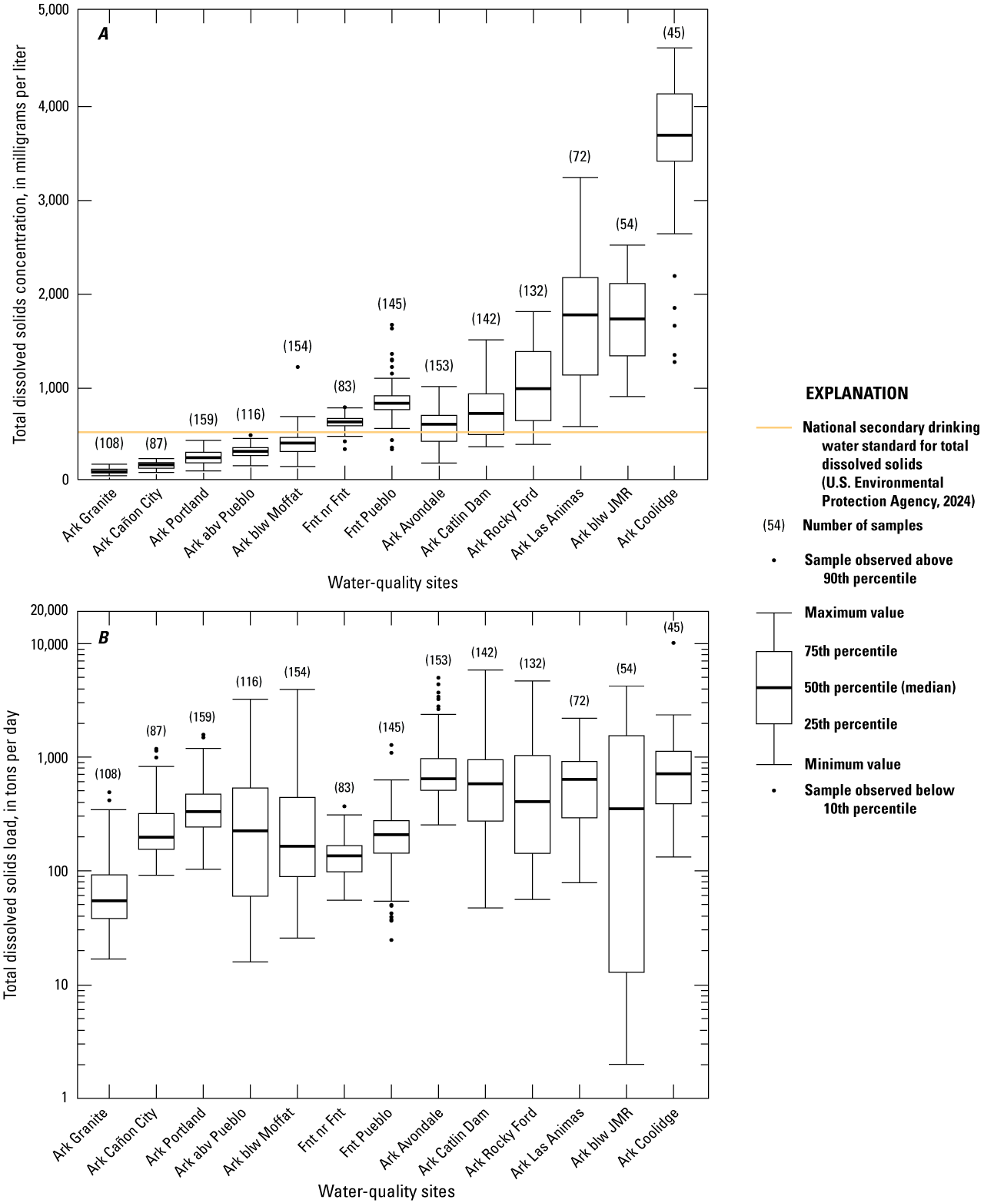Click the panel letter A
tap(103, 35)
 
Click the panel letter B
tap(103, 638)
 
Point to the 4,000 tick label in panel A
tap(53, 106)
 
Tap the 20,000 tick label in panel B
tap(49, 610)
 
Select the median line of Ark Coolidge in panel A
tap(674, 135)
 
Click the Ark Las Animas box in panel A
tap(580, 326)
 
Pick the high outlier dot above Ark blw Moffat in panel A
tap(298, 367)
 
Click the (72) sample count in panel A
tap(580, 156)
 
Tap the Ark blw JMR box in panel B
tap(627, 854)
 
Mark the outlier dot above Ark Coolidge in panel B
tap(673, 643)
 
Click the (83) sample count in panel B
tap(344, 788)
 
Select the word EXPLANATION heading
tap(856, 393)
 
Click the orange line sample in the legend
tap(773, 427)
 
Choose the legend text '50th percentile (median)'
tap(879, 687)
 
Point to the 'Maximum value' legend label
tap(854, 613)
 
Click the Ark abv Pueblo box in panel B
tap(250, 842)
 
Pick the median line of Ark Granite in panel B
tap(109, 901)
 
